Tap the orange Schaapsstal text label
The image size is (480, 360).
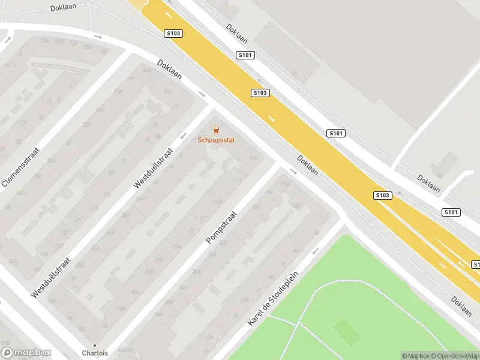217,140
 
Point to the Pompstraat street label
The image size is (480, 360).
222,227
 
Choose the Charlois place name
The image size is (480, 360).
95,353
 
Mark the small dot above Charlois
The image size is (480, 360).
95,346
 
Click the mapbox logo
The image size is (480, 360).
26,353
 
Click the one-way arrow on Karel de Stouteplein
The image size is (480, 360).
316,251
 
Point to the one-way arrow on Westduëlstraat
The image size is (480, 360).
184,136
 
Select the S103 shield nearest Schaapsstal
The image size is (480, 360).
260,93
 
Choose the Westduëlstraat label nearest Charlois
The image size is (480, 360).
52,277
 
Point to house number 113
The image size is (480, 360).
94,208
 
